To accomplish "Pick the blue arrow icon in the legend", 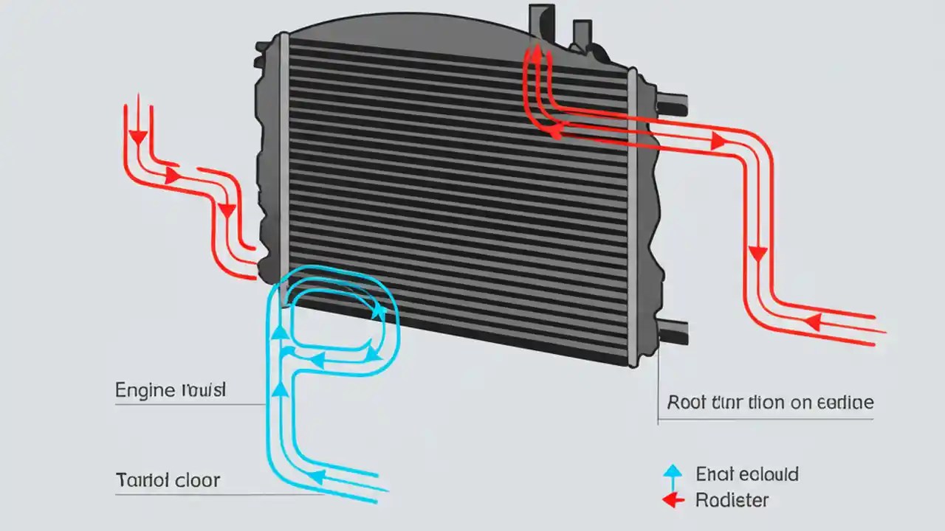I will point(673,473).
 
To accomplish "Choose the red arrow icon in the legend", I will point(673,500).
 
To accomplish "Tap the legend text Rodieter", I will point(732,500).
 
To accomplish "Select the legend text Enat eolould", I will point(746,473).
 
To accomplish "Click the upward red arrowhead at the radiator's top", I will point(535,53).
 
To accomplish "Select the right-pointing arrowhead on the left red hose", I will point(172,176).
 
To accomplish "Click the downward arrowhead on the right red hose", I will point(757,255).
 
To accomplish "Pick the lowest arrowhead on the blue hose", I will point(316,478).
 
